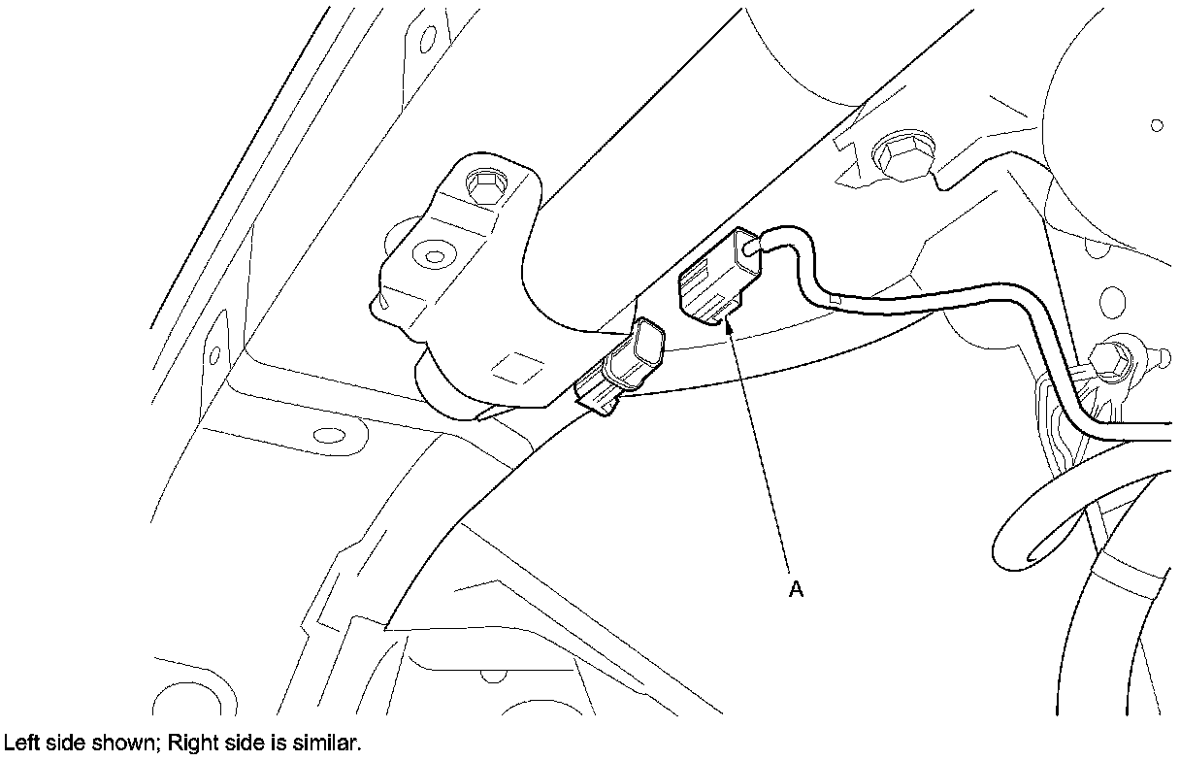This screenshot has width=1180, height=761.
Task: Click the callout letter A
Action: click(x=796, y=588)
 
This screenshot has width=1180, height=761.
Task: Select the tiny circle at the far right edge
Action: click(x=1156, y=125)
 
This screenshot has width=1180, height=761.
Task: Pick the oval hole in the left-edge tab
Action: click(x=213, y=355)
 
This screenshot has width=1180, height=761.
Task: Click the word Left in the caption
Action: click(x=18, y=744)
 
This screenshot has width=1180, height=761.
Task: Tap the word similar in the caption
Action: click(x=329, y=744)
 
